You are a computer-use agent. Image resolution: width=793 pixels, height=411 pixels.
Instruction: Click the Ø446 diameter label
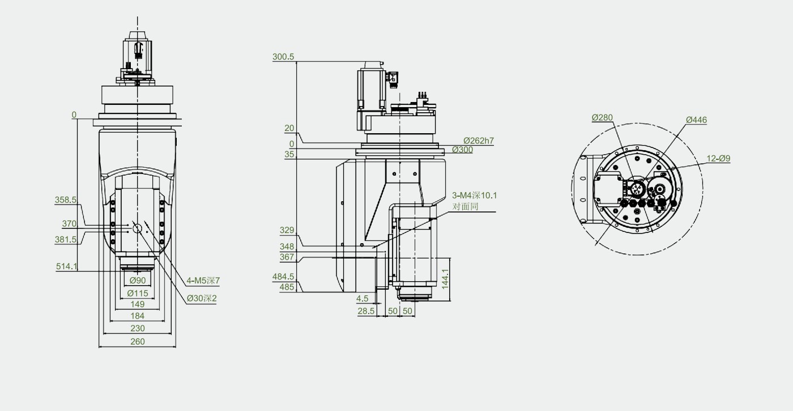(x=696, y=120)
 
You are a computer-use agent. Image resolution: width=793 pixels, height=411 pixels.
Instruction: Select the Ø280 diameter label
(x=602, y=117)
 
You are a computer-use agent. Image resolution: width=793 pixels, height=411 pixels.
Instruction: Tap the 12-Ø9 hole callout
(x=718, y=158)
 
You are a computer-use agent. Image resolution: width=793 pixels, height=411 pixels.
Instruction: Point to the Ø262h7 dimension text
(x=479, y=141)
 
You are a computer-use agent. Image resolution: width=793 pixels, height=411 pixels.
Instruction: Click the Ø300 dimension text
(x=462, y=150)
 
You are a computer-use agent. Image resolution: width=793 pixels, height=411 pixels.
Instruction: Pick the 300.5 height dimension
(x=283, y=57)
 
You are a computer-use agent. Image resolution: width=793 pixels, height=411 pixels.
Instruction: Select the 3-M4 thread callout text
(x=475, y=195)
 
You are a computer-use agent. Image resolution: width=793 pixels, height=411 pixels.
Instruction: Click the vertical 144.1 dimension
(x=445, y=279)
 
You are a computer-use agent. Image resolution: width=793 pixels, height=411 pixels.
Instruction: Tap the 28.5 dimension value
(x=366, y=311)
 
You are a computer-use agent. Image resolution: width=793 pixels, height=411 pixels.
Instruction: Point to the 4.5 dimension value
(x=362, y=299)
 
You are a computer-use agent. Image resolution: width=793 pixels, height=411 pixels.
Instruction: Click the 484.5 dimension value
(x=283, y=277)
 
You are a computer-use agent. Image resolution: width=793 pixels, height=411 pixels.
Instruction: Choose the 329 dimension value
(x=287, y=230)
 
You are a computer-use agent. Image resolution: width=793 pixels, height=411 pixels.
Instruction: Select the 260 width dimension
(x=137, y=341)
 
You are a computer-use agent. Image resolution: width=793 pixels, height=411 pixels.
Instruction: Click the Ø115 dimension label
(x=137, y=294)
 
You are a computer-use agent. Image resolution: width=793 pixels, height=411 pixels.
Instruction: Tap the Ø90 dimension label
(x=137, y=281)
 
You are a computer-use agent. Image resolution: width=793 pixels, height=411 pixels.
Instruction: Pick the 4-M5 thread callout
(x=203, y=281)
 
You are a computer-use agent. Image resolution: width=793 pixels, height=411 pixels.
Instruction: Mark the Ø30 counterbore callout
(x=202, y=298)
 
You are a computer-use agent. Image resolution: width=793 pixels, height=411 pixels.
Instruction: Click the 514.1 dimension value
(x=67, y=266)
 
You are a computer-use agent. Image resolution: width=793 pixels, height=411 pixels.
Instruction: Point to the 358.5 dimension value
(x=66, y=200)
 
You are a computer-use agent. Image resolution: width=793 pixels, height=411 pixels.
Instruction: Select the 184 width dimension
(x=137, y=316)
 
